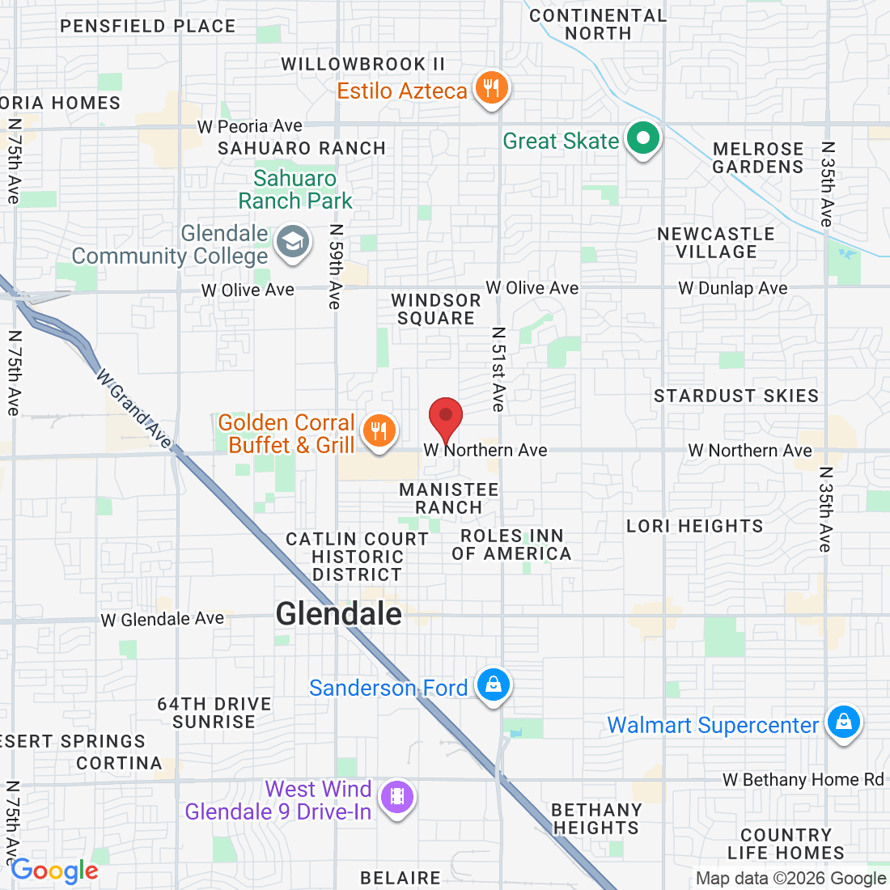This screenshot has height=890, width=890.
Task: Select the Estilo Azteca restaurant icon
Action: [490, 87]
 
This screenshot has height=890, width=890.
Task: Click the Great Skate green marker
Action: [643, 139]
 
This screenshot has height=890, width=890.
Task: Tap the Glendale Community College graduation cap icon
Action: [293, 242]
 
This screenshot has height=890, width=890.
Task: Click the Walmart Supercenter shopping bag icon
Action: [844, 721]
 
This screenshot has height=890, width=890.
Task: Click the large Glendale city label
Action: [339, 614]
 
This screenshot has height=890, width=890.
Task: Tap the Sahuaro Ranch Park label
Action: [295, 189]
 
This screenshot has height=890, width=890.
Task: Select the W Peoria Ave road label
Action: [250, 126]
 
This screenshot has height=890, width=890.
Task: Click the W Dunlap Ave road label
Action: [733, 288]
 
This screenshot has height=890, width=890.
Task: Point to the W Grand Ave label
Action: [134, 409]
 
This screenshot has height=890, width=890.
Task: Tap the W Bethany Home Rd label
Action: [803, 779]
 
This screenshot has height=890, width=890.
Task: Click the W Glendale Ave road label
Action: [163, 619]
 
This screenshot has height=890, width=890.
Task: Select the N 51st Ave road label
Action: [498, 369]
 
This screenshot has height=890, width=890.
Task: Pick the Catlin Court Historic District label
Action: [358, 557]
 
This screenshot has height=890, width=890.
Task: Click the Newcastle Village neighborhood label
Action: [716, 243]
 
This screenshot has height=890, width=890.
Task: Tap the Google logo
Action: [54, 871]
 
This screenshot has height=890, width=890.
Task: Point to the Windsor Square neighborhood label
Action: [436, 309]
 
